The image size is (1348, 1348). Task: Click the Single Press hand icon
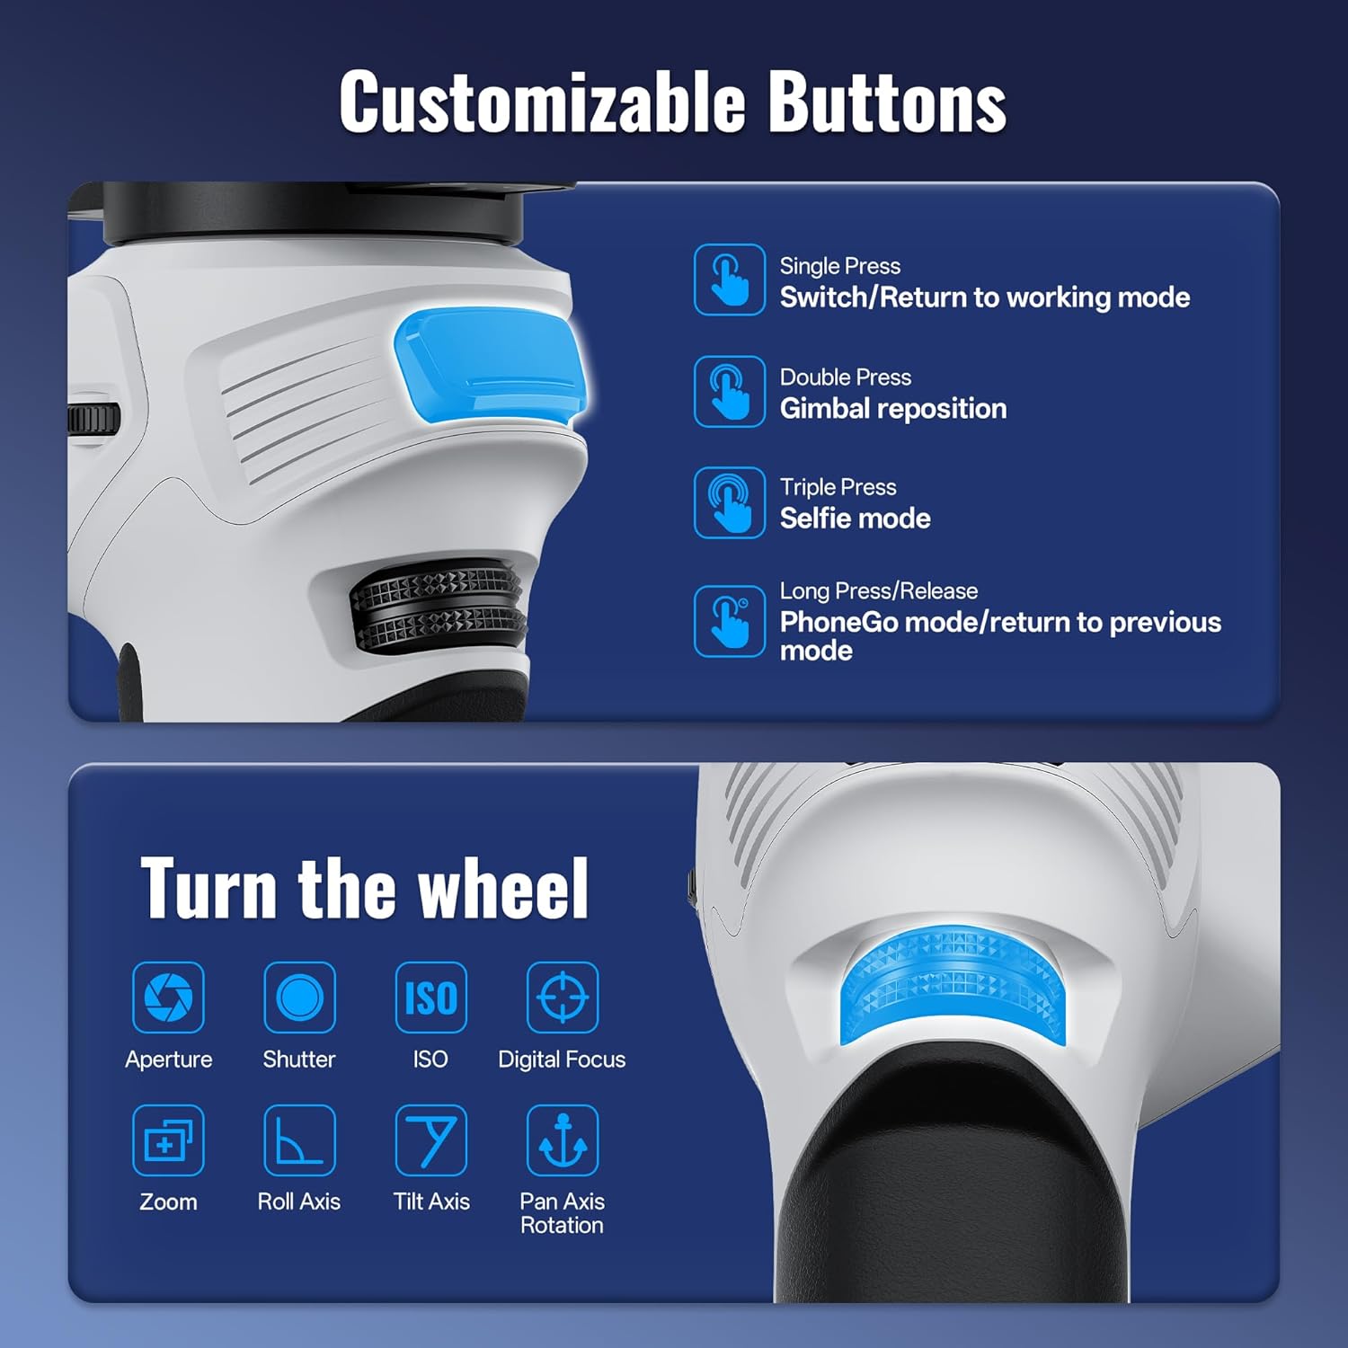point(729,279)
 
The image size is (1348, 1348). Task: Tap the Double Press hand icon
point(729,391)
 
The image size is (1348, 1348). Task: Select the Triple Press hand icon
point(729,502)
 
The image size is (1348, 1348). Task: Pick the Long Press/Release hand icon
point(729,621)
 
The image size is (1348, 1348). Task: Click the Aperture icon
point(168,997)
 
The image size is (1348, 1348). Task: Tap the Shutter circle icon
point(299,997)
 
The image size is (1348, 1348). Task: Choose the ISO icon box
point(431,997)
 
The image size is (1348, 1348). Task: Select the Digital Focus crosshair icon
point(563,997)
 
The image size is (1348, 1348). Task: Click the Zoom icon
point(168,1140)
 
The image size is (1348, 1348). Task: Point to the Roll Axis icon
point(299,1140)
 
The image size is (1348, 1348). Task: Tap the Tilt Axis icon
point(431,1140)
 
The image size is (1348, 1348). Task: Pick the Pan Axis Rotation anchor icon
point(563,1140)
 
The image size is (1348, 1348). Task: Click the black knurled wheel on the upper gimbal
point(439,604)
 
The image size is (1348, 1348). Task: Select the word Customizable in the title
point(542,102)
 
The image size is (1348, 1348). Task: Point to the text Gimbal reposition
point(893,409)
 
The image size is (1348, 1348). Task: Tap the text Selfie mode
point(855,519)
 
